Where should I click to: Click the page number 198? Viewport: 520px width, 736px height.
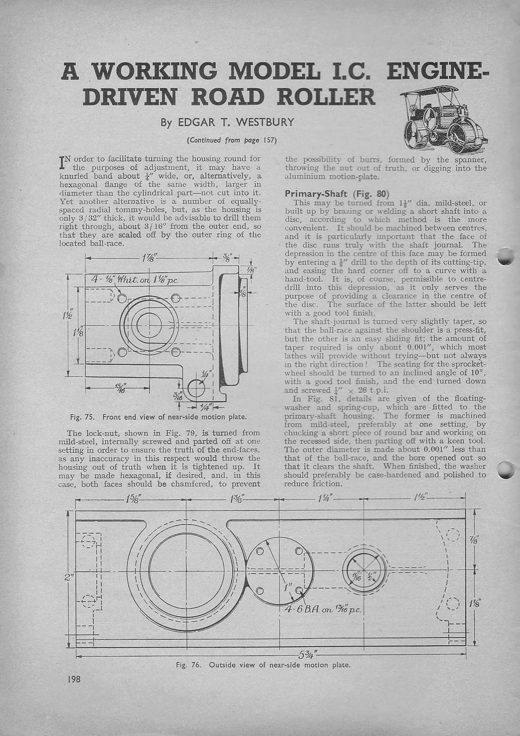tap(74, 679)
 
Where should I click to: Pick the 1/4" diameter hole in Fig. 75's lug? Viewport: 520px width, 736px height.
tap(194, 389)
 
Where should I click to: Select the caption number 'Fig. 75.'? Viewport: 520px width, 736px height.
tap(82, 417)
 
